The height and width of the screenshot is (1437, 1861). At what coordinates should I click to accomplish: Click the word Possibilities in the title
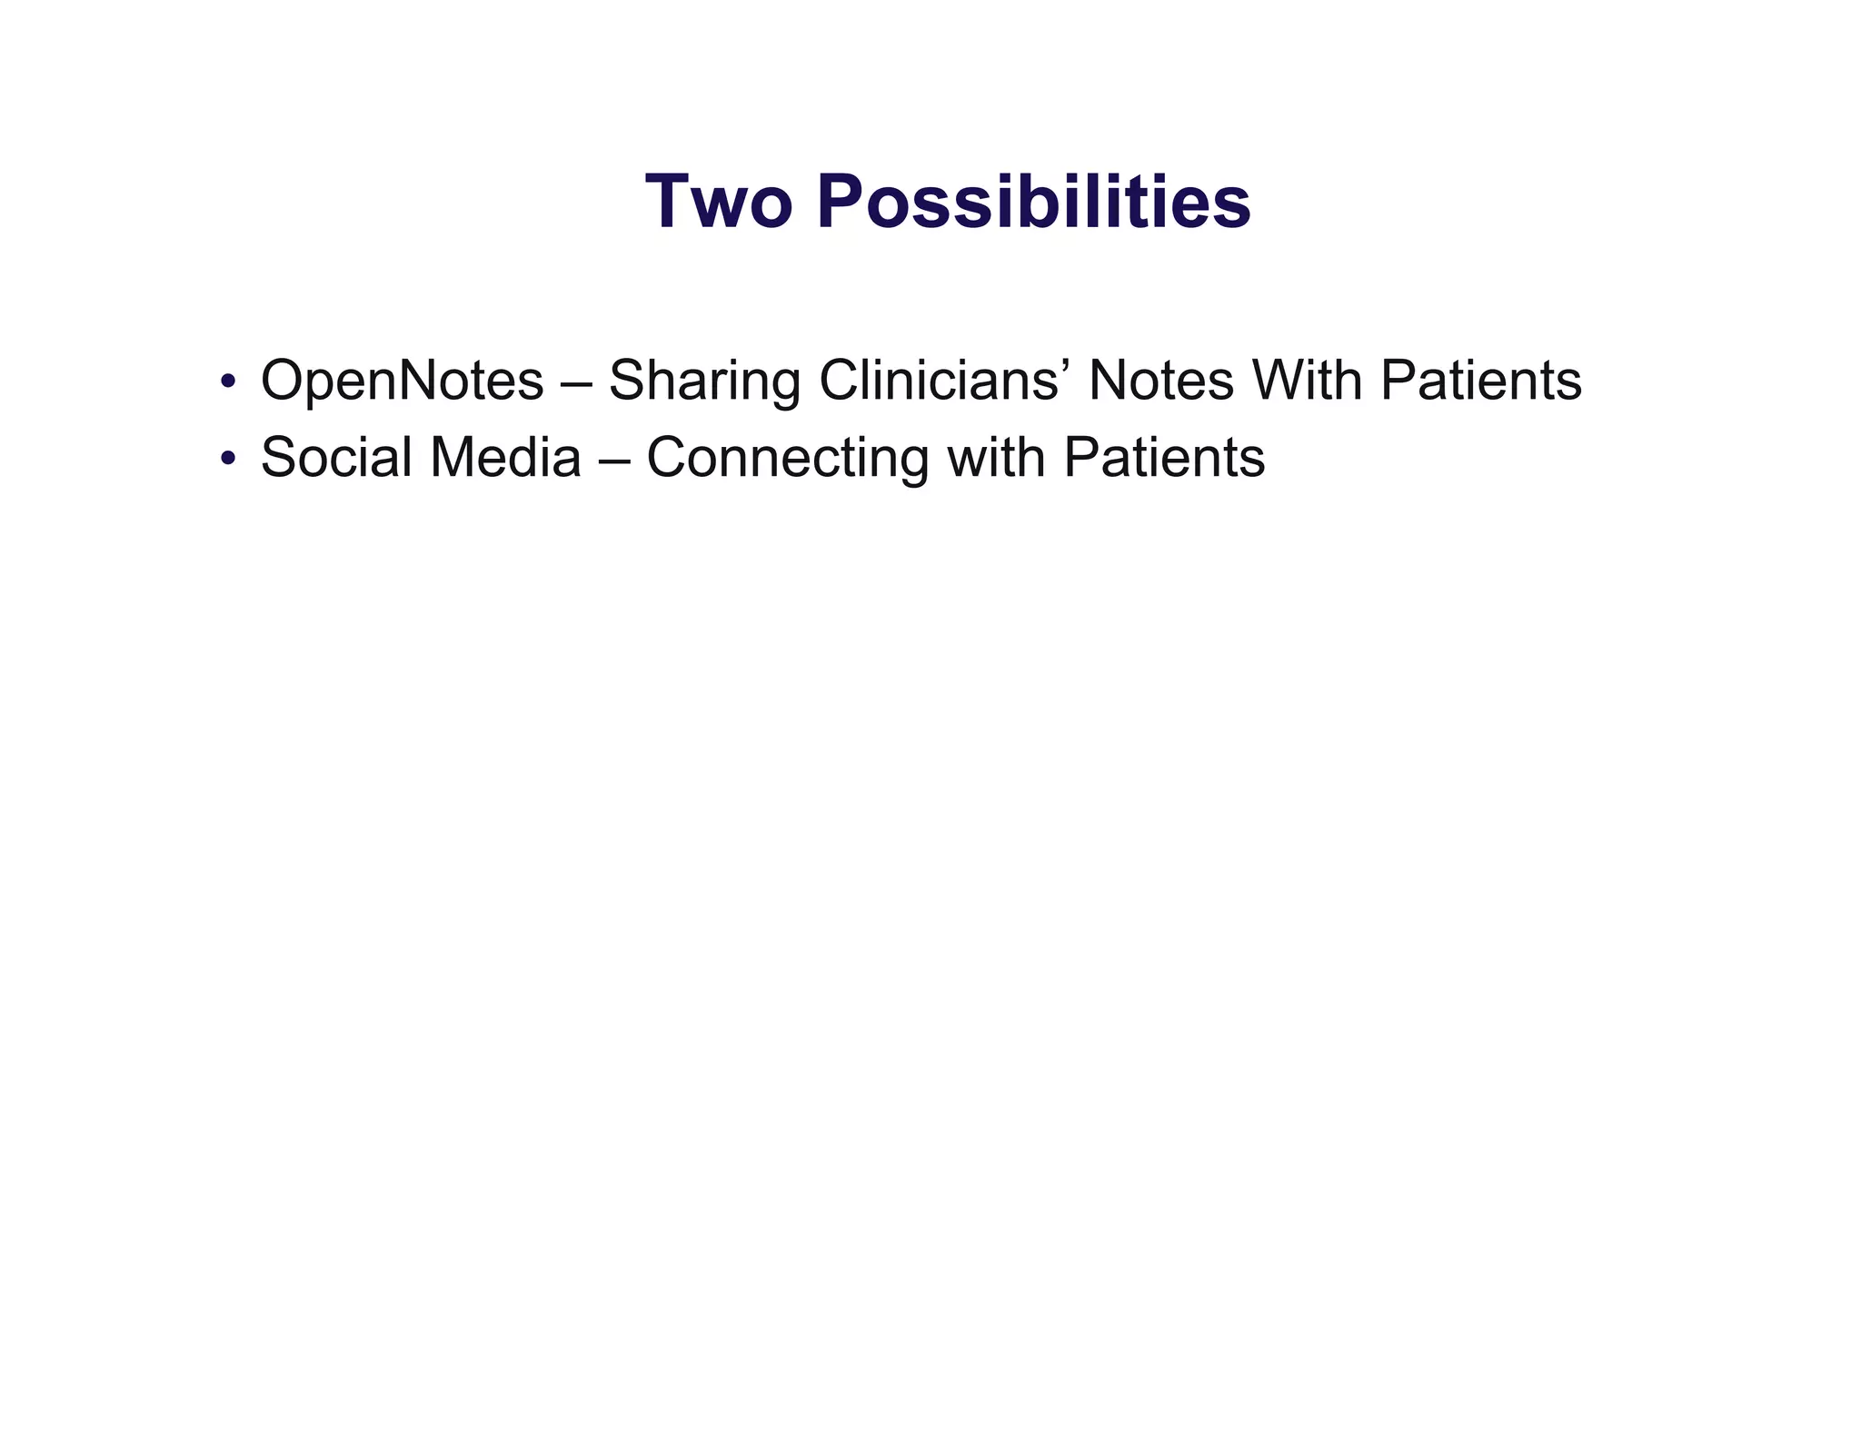pos(1033,202)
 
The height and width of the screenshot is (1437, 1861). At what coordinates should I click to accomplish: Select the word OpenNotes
pos(402,381)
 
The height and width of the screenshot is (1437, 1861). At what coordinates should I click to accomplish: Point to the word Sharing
pos(703,381)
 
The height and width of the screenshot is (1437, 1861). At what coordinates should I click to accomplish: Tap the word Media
pos(505,457)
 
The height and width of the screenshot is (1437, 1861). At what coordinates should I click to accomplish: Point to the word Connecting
pos(787,457)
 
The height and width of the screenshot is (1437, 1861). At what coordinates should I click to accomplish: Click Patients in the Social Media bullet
pos(1163,457)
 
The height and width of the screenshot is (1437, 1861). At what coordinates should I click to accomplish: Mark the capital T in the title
pos(669,202)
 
